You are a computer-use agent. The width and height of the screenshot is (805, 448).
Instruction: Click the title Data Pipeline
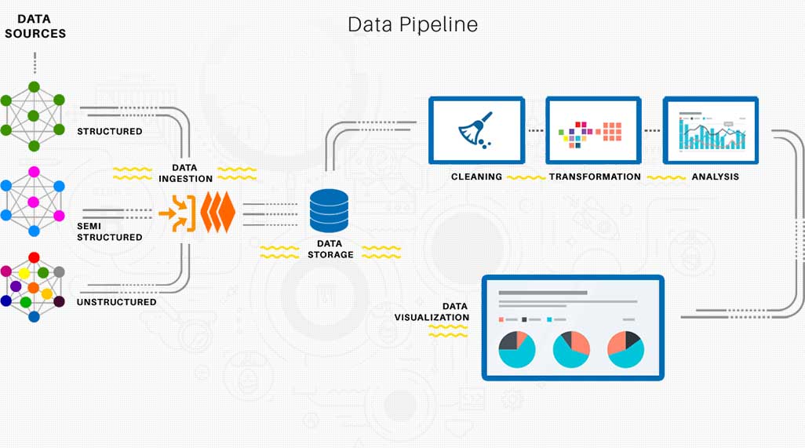tap(413, 24)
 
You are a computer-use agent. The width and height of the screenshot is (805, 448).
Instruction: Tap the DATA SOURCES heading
tap(35, 26)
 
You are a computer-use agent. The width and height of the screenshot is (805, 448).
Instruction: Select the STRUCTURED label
tap(109, 131)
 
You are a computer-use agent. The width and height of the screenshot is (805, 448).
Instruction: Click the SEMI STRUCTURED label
tap(109, 231)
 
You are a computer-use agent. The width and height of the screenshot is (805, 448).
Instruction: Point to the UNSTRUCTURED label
tap(116, 302)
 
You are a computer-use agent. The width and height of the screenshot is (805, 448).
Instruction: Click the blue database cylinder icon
tap(329, 211)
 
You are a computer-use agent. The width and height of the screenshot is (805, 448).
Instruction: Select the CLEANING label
tap(476, 177)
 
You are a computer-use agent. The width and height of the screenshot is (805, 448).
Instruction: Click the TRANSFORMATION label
tap(595, 177)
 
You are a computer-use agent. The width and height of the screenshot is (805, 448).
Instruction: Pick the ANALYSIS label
tap(715, 177)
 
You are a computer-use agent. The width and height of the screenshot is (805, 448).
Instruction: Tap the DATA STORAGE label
tap(330, 249)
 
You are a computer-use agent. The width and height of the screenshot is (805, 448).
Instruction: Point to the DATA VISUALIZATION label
tap(432, 311)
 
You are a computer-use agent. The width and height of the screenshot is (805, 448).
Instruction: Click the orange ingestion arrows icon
tap(197, 213)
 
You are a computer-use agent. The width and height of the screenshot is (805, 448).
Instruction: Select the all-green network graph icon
tap(34, 116)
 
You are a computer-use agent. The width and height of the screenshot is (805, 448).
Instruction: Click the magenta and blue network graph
tap(34, 202)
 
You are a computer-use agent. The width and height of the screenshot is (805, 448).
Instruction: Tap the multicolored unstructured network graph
tap(33, 288)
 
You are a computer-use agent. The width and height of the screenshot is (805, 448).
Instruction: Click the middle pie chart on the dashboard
tap(571, 349)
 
